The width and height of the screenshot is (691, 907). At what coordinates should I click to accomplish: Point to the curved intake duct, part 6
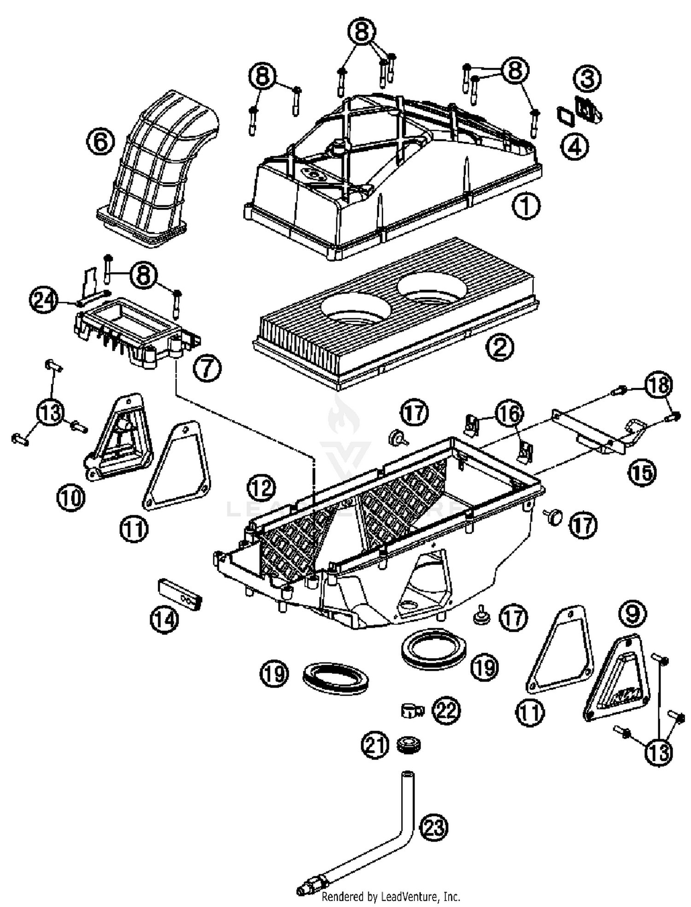point(159,171)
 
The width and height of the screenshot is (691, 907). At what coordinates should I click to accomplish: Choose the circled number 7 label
point(207,368)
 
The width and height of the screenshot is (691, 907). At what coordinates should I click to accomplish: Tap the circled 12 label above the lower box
point(262,487)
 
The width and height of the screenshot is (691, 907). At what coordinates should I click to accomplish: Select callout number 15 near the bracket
point(642,472)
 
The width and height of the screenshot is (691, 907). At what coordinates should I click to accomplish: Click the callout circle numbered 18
point(658,384)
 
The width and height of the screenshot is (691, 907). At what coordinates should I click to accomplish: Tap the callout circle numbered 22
point(446,710)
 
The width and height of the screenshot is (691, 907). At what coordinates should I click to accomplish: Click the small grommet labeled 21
point(408,745)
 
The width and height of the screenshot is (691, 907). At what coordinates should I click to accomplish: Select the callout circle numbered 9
point(632,613)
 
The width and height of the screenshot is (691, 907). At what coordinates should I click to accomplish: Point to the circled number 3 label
point(587,78)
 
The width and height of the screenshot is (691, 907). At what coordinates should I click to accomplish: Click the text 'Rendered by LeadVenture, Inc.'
point(391,896)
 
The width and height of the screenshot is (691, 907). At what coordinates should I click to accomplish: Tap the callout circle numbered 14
point(164,619)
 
